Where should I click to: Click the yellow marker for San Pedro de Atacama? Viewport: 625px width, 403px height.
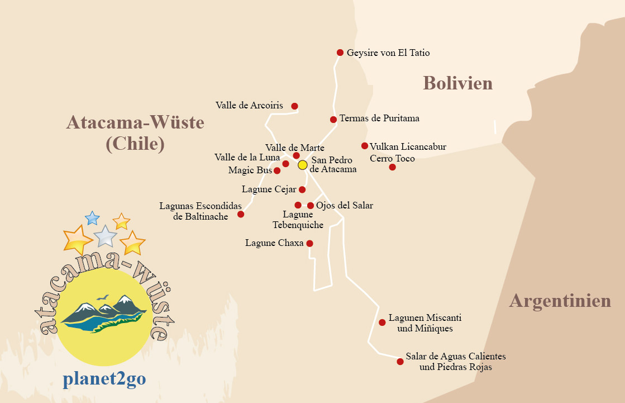click(x=303, y=165)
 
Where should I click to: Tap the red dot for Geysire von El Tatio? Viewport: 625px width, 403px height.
click(x=340, y=53)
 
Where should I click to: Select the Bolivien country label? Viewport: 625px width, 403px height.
click(x=457, y=83)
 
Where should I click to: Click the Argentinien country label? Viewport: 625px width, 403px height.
click(x=560, y=301)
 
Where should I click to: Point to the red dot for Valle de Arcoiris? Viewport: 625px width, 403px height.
click(x=294, y=106)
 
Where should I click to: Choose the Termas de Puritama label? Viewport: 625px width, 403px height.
click(x=379, y=118)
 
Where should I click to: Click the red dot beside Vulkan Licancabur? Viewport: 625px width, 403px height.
click(x=365, y=146)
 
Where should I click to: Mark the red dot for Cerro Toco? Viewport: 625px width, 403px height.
click(x=392, y=167)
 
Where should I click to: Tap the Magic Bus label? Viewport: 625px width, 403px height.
click(x=250, y=170)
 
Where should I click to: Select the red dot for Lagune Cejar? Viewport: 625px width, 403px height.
click(x=302, y=189)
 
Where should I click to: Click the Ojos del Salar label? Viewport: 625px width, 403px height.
click(x=344, y=206)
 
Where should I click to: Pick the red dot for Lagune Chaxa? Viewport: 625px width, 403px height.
click(x=309, y=243)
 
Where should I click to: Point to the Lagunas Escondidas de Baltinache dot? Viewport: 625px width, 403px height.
click(x=241, y=214)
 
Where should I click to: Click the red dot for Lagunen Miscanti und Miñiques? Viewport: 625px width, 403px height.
click(x=382, y=323)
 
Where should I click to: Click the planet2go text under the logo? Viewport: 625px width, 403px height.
click(x=104, y=379)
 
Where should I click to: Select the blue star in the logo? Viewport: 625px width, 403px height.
click(x=92, y=218)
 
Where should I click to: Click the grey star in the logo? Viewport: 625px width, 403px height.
click(x=105, y=236)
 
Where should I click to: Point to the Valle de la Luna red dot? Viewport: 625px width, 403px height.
click(x=285, y=164)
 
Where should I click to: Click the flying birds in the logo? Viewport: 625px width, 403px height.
click(x=102, y=298)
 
